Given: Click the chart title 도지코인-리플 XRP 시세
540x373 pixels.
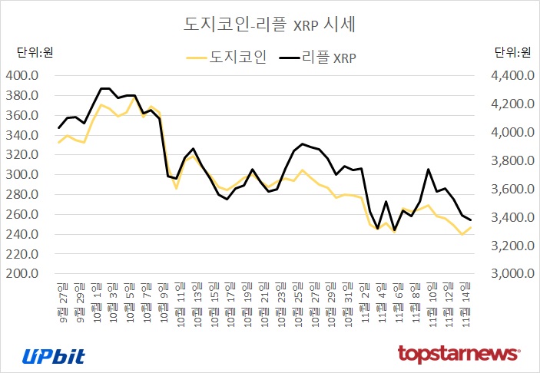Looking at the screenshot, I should coord(269,24).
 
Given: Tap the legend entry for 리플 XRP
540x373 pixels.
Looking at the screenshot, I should coord(320,57).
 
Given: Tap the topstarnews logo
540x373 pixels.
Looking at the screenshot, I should coord(459,354).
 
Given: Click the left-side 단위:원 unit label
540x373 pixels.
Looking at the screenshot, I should coord(35,53).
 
